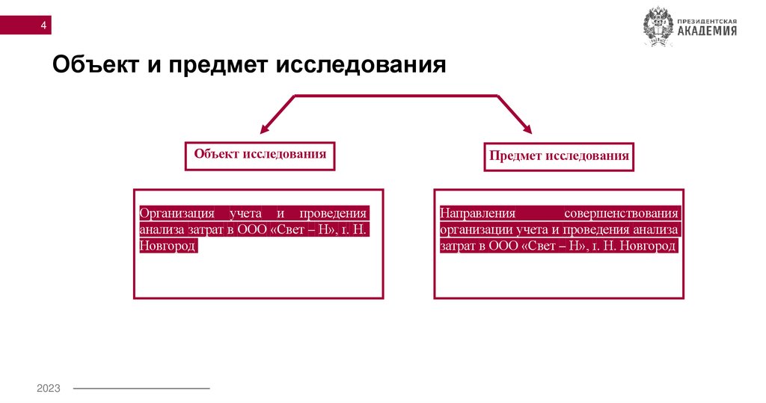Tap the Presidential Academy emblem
point(658,27)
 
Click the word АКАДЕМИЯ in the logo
point(708,31)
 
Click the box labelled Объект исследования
point(260,155)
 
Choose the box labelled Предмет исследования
point(559,156)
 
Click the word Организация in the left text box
point(177,213)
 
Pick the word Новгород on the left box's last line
point(168,246)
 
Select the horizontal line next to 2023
point(141,389)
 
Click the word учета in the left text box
point(245,213)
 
